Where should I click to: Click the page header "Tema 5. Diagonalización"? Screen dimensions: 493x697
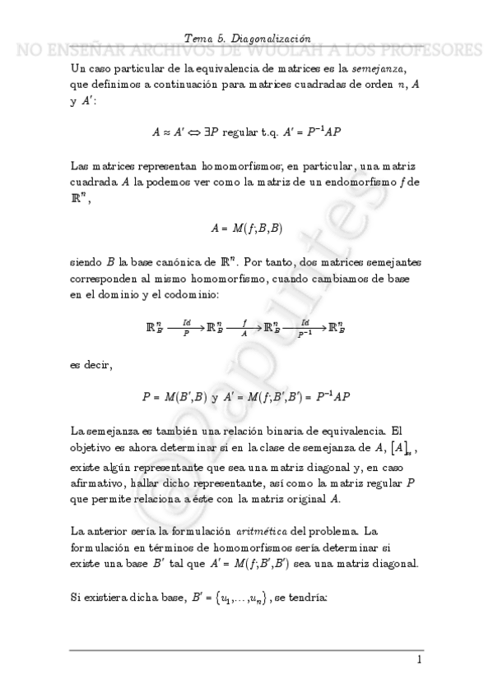[246, 38]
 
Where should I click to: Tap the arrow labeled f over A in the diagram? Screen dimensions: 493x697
[244, 327]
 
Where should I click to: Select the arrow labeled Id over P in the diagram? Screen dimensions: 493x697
[186, 327]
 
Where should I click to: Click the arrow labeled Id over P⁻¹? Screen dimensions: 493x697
[305, 327]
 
